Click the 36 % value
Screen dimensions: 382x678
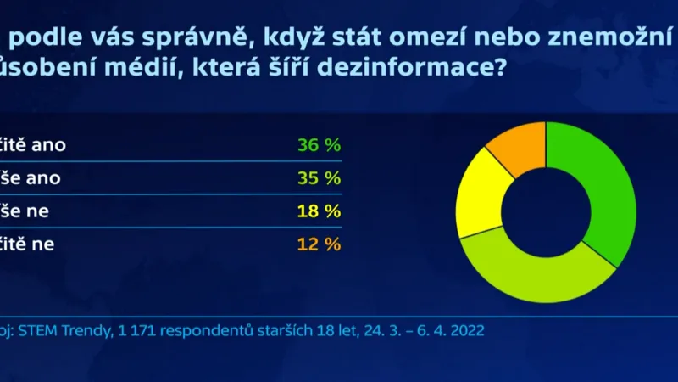(x=319, y=145)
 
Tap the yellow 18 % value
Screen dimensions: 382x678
(x=319, y=211)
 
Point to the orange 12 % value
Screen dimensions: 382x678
(x=319, y=244)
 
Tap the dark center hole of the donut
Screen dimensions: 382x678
(x=547, y=211)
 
